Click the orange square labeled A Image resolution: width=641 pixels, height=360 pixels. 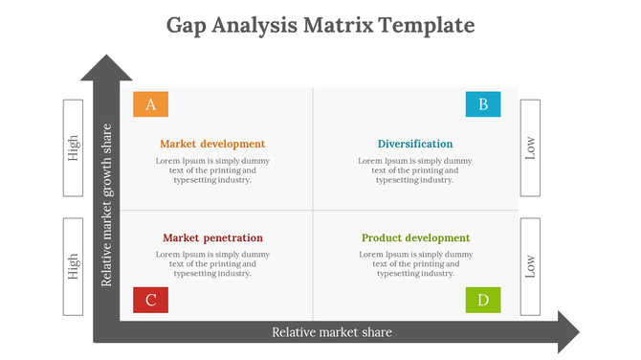tap(150, 104)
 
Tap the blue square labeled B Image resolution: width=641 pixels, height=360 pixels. tap(482, 104)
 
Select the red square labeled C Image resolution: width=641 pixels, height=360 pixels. tap(150, 300)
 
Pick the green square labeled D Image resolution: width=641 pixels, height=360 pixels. tap(482, 300)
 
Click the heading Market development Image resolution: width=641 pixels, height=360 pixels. tap(212, 144)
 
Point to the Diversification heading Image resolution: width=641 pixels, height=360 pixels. tap(415, 144)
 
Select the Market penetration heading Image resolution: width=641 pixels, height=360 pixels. tap(212, 237)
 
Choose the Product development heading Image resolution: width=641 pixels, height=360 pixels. tap(415, 237)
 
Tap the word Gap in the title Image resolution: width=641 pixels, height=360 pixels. tap(188, 24)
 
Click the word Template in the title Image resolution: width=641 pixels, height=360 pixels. tap(428, 24)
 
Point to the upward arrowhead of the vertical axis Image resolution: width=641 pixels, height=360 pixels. tap(106, 68)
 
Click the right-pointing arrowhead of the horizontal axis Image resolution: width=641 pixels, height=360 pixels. tap(567, 331)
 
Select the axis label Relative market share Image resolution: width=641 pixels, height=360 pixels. tap(332, 332)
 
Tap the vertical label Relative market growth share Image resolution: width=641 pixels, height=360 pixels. tap(107, 204)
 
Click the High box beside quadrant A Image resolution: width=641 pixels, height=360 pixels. tap(75, 147)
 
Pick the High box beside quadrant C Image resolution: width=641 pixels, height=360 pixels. tap(75, 266)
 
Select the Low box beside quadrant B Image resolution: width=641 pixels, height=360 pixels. tap(531, 147)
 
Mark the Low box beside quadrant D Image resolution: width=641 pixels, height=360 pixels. tap(531, 266)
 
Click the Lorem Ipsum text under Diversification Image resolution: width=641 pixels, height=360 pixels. tap(415, 170)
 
